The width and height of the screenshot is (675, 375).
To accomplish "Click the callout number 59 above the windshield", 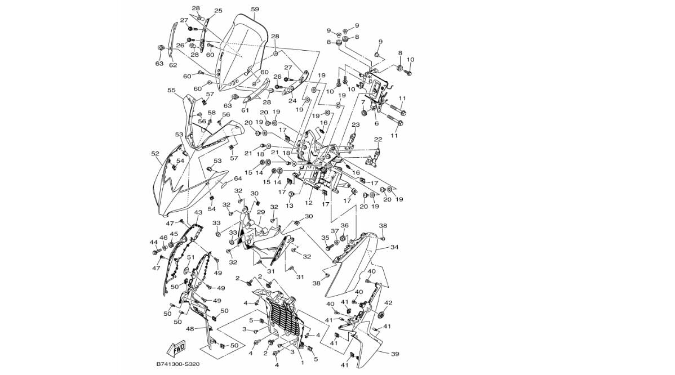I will click(x=255, y=10).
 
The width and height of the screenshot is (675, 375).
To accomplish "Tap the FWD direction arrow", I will click(x=177, y=348).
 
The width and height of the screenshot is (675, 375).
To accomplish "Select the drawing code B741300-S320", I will click(x=178, y=364).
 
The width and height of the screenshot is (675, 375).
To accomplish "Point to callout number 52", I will click(x=156, y=153).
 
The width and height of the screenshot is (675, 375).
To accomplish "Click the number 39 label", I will click(x=395, y=354).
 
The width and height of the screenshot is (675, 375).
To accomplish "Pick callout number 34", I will click(x=394, y=247).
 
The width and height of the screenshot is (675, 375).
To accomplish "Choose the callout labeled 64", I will click(x=238, y=179).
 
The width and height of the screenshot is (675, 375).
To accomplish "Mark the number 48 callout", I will click(x=190, y=329).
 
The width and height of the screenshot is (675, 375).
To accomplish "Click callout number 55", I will click(x=171, y=90).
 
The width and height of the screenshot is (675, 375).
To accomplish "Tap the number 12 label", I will click(x=309, y=203).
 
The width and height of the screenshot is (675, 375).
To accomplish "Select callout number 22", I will click(x=378, y=140).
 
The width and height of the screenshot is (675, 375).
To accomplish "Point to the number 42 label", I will click(x=388, y=303).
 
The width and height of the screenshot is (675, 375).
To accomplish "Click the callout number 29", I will click(x=261, y=212).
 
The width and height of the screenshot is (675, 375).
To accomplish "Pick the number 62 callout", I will click(x=173, y=65).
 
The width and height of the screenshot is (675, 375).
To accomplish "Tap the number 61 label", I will click(x=245, y=110).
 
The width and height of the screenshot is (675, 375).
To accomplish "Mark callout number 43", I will click(x=198, y=213).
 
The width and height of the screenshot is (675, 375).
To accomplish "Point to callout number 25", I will click(x=218, y=11).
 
